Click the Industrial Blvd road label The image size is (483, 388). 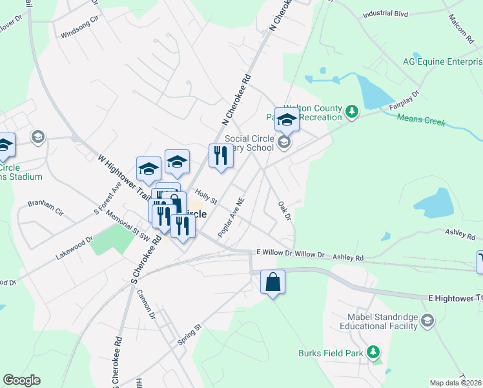click(385, 13)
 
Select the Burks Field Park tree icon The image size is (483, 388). click(373, 352)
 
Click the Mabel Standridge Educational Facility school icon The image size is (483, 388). click(427, 321)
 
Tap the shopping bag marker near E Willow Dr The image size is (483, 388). click(272, 283)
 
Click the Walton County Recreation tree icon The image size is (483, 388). click(352, 113)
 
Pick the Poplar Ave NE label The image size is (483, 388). click(231, 217)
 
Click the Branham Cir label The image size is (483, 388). click(46, 207)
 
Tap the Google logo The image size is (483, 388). click(21, 380)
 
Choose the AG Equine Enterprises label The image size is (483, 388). click(442, 62)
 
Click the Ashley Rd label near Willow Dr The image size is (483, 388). click(348, 257)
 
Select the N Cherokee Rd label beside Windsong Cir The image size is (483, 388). click(281, 16)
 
